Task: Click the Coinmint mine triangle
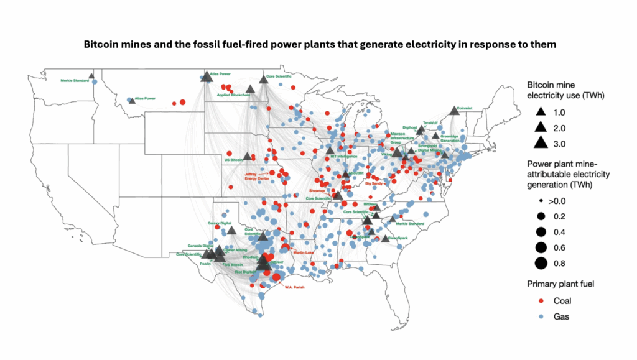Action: tap(455, 109)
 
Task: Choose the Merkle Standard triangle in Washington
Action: tap(91, 76)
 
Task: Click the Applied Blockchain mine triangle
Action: tap(250, 90)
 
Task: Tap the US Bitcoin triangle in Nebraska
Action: tap(247, 157)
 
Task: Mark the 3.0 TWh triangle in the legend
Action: tap(540, 142)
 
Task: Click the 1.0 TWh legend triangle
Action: tap(540, 113)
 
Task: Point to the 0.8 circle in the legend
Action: tap(540, 262)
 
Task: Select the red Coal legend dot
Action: tap(540, 300)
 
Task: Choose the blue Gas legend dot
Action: tap(540, 316)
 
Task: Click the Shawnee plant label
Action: tap(318, 190)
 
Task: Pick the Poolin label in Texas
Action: tap(206, 264)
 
